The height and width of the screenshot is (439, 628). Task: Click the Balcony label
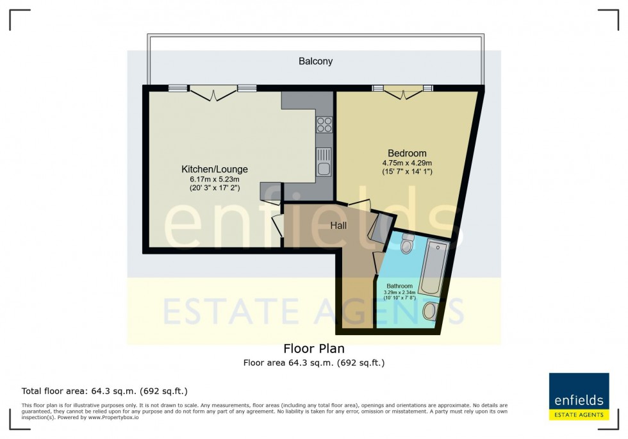(315, 62)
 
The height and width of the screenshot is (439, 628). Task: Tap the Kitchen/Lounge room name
(215, 169)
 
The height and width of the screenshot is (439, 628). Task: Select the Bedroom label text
(407, 153)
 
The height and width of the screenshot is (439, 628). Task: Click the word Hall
(338, 226)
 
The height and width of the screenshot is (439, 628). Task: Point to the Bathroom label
(399, 286)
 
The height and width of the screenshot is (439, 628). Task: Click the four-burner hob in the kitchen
(324, 124)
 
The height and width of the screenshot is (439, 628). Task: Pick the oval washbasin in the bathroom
(431, 312)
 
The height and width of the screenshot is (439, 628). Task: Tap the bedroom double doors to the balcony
(403, 93)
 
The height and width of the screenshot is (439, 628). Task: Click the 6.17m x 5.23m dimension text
(215, 179)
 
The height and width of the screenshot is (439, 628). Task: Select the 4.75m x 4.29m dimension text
(407, 163)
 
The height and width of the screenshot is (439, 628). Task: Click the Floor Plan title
(314, 349)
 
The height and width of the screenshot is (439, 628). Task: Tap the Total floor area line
(104, 391)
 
